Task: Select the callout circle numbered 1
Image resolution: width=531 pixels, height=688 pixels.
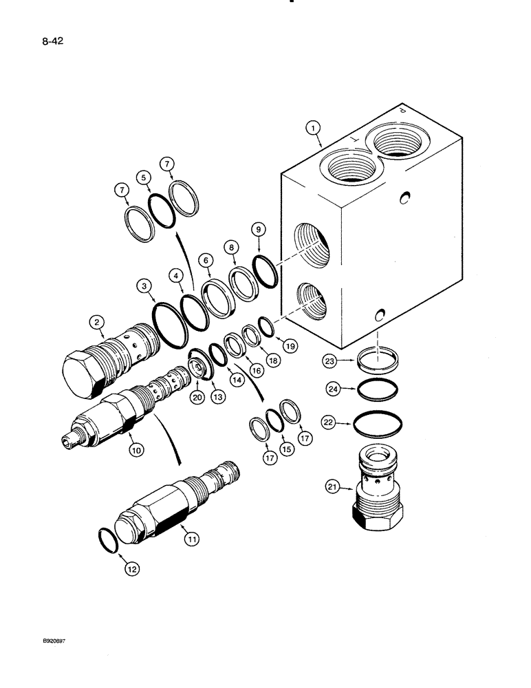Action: point(312,128)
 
